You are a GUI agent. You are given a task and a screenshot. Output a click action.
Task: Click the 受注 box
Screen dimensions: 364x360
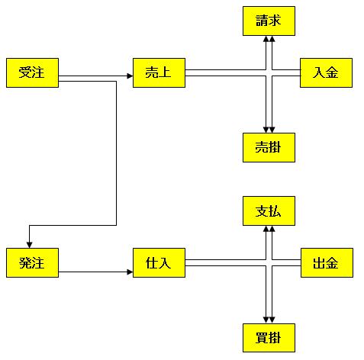coord(32,72)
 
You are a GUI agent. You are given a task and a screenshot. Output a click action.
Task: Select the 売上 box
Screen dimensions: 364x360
coord(159,72)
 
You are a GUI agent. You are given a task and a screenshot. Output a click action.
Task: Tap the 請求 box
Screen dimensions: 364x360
coord(269,21)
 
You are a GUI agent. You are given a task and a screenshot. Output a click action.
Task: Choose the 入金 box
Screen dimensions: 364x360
coord(326,72)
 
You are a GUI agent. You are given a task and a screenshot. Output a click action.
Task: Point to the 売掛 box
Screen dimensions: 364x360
coord(269,147)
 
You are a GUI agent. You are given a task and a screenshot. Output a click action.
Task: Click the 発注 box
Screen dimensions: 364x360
coord(32,262)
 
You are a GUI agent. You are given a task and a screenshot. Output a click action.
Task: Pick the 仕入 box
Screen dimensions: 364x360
coord(159,262)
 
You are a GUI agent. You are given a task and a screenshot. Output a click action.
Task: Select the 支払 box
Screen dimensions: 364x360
coord(269,211)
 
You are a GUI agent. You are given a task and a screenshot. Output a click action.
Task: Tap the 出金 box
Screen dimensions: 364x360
coord(327,262)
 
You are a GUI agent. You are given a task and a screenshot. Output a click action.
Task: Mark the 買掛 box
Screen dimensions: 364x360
coord(269,338)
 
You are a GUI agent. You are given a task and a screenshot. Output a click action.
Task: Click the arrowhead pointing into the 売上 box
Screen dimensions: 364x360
coord(130,76)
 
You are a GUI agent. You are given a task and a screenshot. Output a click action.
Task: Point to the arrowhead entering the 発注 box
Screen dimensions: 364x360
coord(30,245)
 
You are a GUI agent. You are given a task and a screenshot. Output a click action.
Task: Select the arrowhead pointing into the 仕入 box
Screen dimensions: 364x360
coord(130,272)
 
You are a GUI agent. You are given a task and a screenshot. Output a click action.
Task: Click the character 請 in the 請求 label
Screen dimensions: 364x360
coord(262,21)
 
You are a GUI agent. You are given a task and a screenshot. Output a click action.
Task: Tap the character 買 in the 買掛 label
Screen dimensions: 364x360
coord(262,338)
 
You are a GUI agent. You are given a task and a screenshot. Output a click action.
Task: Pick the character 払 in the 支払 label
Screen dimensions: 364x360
coord(275,211)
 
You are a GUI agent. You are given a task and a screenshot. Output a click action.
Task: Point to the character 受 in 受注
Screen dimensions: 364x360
coord(25,72)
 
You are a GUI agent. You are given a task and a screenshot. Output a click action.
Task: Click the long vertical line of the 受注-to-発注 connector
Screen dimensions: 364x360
coord(116,153)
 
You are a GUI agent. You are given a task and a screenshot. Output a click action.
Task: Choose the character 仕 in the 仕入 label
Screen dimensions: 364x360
coord(152,262)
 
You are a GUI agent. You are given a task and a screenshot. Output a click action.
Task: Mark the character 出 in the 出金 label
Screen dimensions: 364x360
coord(319,262)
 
